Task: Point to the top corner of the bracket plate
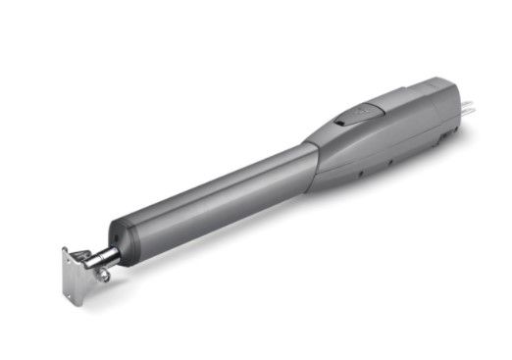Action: [65, 249]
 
